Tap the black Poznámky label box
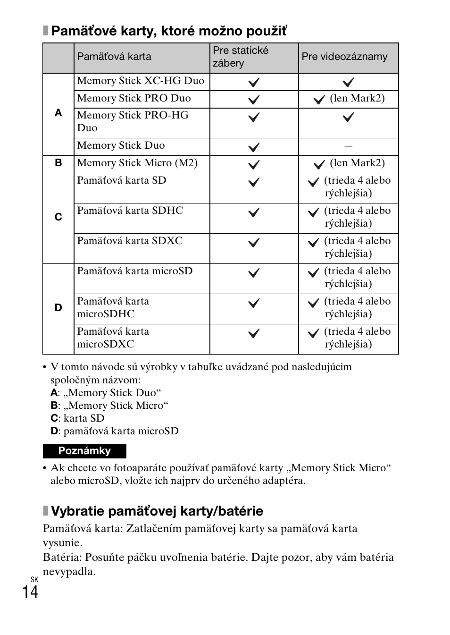point(84,451)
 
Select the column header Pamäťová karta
point(114,57)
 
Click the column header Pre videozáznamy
point(344,57)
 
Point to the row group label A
point(58,113)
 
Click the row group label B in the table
point(58,163)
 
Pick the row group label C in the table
point(58,217)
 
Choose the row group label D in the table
point(58,308)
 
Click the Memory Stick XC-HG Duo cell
point(141,81)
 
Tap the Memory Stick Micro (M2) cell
point(137,163)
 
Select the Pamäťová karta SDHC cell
point(130,211)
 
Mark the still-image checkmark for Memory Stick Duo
point(254,147)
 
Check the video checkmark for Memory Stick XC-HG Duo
point(348,83)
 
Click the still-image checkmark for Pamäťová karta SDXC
point(254,243)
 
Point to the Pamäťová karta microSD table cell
point(135,271)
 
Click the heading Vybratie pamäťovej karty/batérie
point(157,511)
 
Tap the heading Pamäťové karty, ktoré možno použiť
point(169,31)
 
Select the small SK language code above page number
point(34,579)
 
